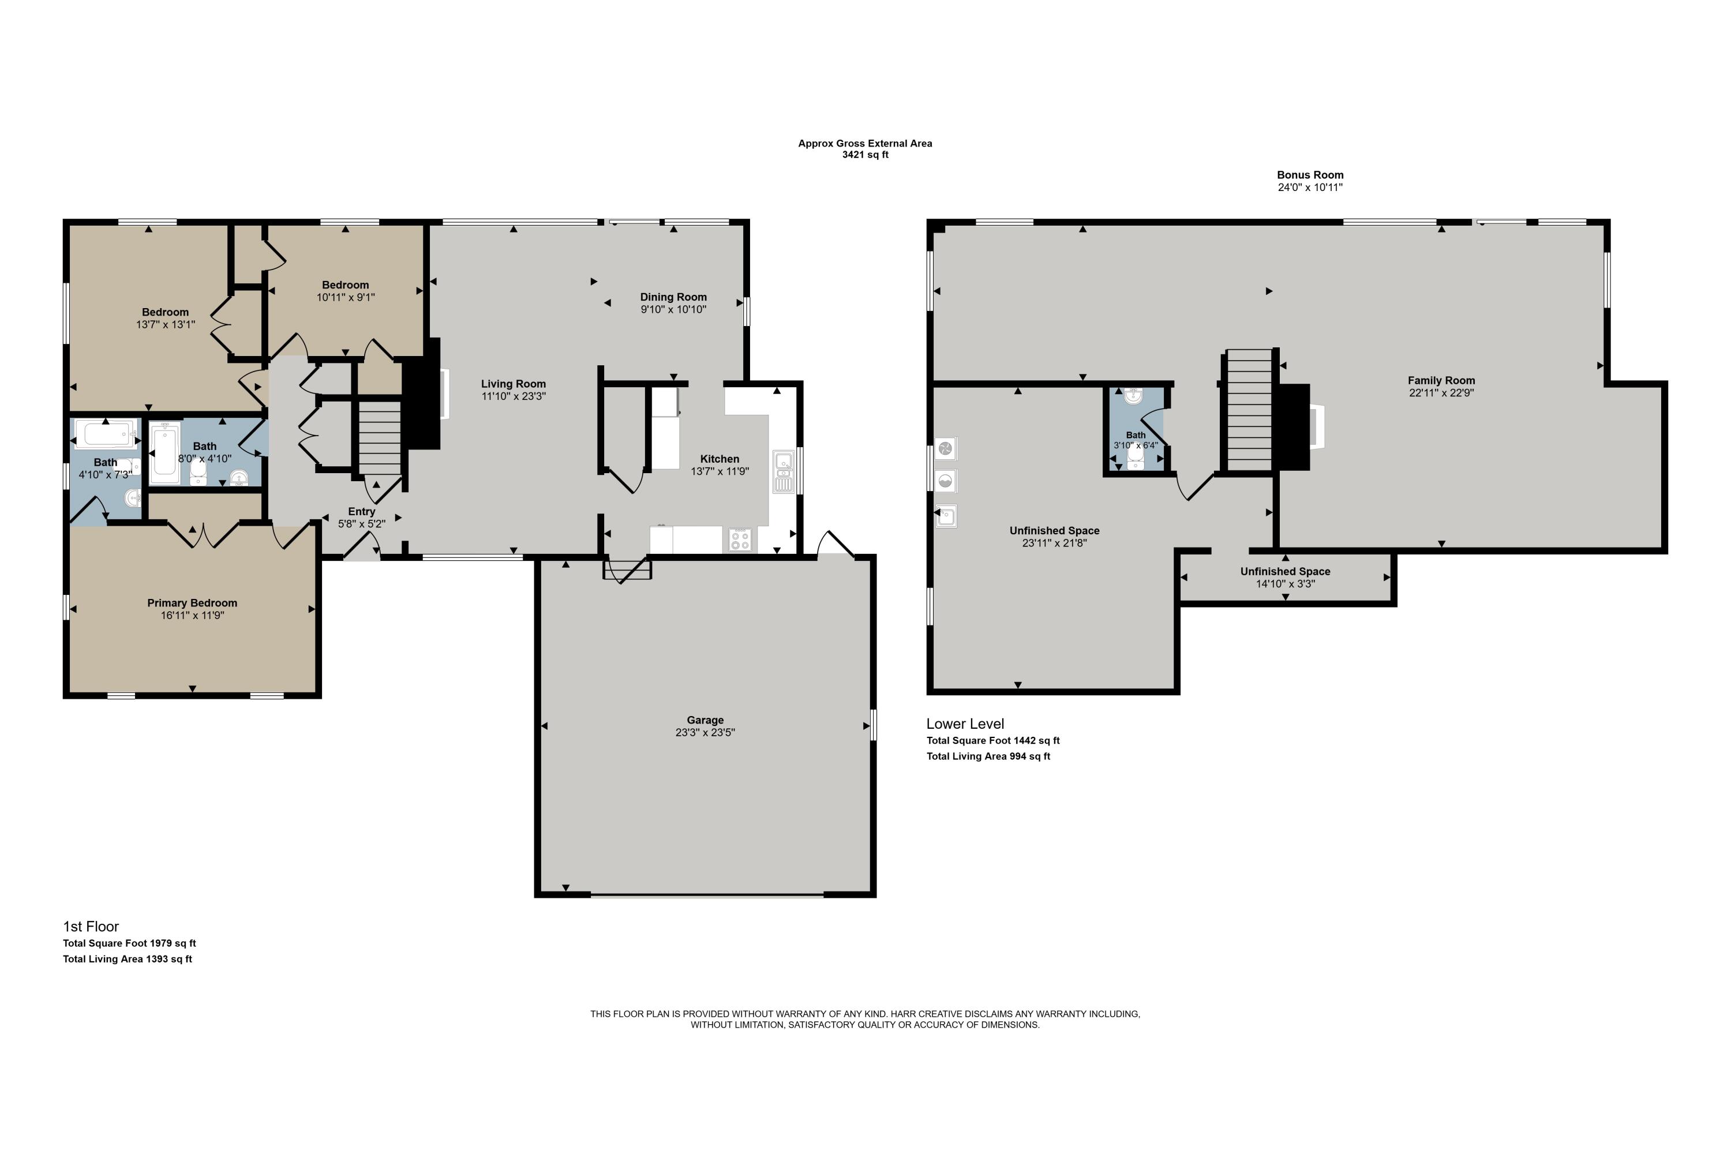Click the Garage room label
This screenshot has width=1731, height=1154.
(x=705, y=720)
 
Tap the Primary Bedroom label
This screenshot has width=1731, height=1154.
(x=192, y=603)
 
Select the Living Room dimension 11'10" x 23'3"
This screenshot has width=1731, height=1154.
(x=513, y=396)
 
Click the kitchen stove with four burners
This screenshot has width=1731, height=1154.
(x=740, y=539)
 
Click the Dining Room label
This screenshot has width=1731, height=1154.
(x=673, y=297)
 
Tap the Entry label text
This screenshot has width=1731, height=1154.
(x=361, y=511)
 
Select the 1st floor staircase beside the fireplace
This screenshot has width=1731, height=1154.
(x=380, y=439)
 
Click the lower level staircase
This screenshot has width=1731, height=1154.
(x=1249, y=410)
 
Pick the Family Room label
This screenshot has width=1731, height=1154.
(x=1440, y=380)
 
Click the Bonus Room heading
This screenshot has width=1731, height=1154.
(x=1309, y=174)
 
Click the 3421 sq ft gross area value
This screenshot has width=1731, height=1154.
(x=865, y=155)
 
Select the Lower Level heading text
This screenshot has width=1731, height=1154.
(x=964, y=724)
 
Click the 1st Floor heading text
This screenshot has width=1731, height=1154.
(x=91, y=926)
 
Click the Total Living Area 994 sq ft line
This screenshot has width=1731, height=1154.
(x=988, y=756)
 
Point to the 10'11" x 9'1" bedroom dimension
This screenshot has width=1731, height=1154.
(x=345, y=297)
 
